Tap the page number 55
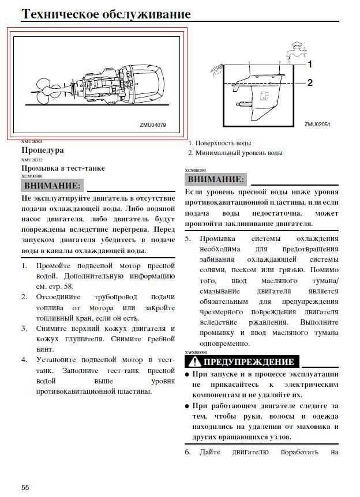(x=25, y=488)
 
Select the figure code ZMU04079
(x=153, y=125)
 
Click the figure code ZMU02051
(x=317, y=124)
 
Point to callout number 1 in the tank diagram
(x=309, y=64)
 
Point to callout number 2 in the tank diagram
(x=309, y=83)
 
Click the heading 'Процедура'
(x=43, y=150)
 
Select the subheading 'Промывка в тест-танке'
(x=63, y=168)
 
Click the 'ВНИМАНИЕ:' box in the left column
(x=52, y=186)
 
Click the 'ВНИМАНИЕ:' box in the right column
(x=215, y=179)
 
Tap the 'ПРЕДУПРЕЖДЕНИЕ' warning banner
(x=249, y=362)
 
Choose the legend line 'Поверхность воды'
(x=223, y=143)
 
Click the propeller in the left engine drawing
(x=44, y=89)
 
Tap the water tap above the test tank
(x=297, y=46)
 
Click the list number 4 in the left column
(x=24, y=360)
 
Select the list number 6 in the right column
(x=187, y=452)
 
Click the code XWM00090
(x=196, y=352)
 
